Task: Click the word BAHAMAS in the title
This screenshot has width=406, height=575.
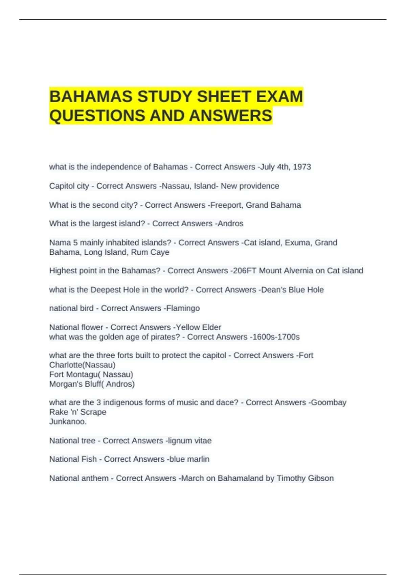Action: pos(91,97)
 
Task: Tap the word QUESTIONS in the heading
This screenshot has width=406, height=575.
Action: pos(97,116)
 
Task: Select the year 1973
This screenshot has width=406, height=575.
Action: pos(302,167)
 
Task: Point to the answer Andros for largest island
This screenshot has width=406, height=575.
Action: pos(230,224)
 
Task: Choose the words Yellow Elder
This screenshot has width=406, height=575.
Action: pos(199,327)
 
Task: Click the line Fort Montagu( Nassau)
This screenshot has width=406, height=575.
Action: pos(91,374)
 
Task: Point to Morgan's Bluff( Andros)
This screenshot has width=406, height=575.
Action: pos(92,384)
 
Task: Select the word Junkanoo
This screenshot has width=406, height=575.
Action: pos(68,421)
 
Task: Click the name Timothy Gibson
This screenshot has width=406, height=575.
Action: pos(305,478)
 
